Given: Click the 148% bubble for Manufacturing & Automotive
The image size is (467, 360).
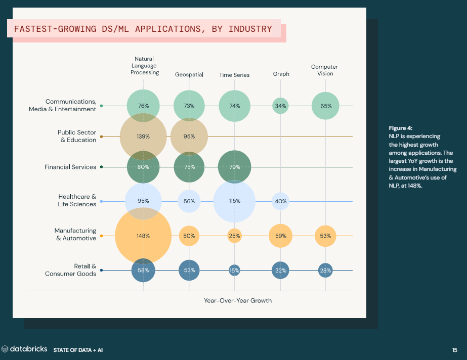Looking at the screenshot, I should [143, 236].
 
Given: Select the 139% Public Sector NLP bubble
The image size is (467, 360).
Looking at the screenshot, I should [143, 137].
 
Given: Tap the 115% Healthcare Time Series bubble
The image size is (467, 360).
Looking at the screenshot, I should [234, 201].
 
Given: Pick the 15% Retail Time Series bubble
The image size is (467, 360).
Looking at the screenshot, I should [234, 271].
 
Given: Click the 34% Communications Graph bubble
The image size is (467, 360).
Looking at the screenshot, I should [280, 106].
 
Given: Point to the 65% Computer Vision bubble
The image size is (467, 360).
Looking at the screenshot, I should [325, 106].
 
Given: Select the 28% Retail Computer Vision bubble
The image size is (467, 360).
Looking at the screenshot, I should [325, 271].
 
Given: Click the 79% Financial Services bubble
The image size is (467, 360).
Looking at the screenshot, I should [234, 167].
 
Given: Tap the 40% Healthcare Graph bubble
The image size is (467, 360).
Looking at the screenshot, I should [280, 201].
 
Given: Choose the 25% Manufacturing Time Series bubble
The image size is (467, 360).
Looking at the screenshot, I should [234, 236].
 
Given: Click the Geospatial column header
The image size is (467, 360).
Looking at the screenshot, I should [189, 75].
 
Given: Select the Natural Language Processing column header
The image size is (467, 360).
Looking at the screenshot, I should [145, 66].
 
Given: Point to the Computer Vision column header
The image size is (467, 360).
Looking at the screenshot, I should [324, 70].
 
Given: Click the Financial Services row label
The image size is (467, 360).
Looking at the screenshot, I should [70, 167].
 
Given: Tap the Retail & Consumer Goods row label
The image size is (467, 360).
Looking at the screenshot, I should [70, 270].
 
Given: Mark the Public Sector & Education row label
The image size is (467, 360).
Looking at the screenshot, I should [76, 136].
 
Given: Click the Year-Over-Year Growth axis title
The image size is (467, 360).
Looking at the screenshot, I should [238, 300].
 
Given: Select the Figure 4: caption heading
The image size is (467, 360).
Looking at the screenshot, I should [401, 128].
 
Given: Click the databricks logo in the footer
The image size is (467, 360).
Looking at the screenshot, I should [25, 349].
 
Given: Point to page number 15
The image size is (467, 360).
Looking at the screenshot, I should [454, 349].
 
